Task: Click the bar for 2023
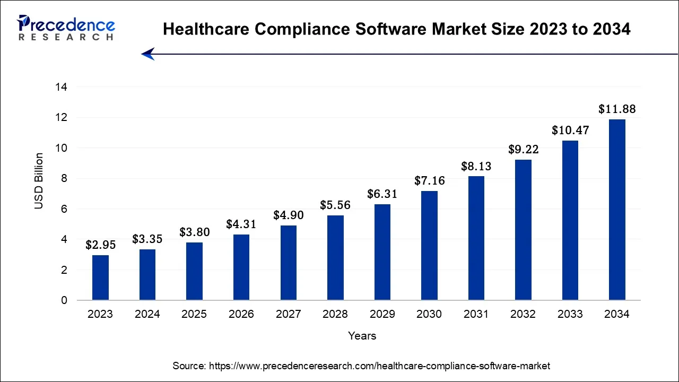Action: coord(100,277)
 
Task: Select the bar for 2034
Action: coord(617,210)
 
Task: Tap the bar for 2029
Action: coord(382,252)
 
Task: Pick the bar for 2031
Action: coord(476,238)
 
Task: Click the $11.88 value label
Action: coord(617,109)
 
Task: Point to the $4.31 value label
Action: coord(241,224)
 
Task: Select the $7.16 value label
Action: coord(429,181)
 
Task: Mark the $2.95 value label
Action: coord(100,245)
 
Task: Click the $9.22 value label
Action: coord(523,150)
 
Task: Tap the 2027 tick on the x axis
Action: coord(288,314)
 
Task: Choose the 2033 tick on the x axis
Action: coord(570,314)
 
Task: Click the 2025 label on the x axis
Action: coord(194,314)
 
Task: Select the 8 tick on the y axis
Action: coord(64,179)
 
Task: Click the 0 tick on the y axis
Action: coord(64,301)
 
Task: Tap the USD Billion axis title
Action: coord(39,181)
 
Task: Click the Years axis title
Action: coord(362,336)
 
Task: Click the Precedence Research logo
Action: coord(66,28)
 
